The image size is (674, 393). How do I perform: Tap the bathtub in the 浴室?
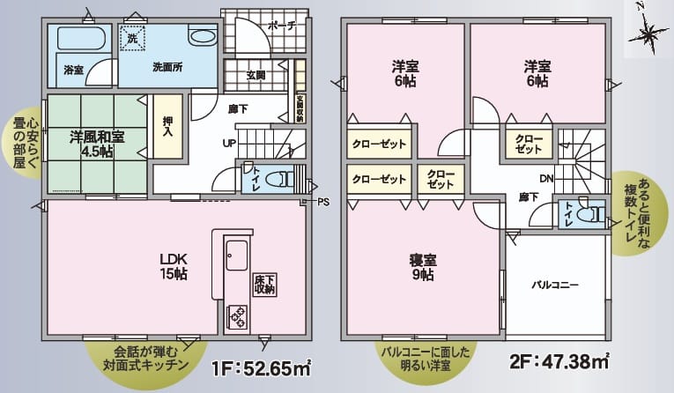click(x=79, y=39)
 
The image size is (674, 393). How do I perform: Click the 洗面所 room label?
click(x=167, y=67)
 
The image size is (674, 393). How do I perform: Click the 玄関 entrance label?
click(x=258, y=75)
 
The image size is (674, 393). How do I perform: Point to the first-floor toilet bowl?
click(x=283, y=178)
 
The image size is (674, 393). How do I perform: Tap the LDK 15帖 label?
click(x=174, y=265)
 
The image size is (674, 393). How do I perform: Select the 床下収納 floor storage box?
click(x=263, y=284)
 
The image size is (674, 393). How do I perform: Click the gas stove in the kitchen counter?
click(x=237, y=313)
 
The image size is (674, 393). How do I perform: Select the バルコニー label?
click(x=554, y=285)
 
